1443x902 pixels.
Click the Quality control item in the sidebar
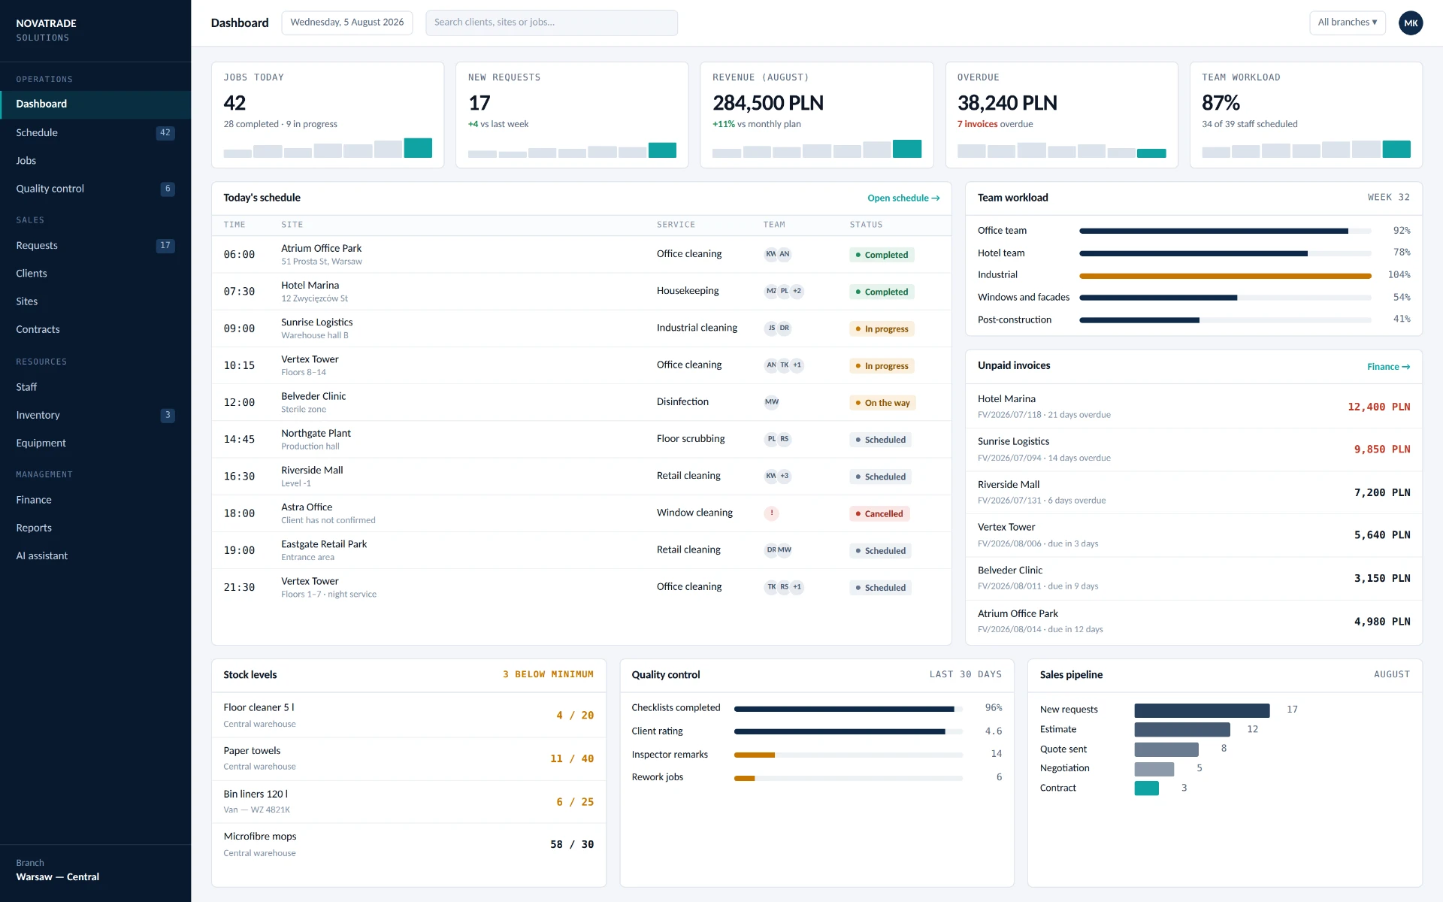pos(50,189)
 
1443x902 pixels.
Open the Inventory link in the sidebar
pos(38,415)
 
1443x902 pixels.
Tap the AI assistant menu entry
pos(41,555)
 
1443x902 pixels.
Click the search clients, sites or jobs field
pos(551,23)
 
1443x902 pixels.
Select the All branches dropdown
pos(1347,23)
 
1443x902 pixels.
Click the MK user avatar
pos(1411,23)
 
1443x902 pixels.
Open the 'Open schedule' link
pos(903,198)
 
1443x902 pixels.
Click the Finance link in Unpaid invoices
pos(1388,367)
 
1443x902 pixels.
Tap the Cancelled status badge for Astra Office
pos(879,514)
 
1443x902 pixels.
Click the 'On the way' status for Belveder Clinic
pos(882,403)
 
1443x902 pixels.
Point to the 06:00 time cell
pos(239,255)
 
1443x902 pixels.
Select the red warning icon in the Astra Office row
pos(771,513)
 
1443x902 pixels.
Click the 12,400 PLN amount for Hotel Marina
pos(1378,407)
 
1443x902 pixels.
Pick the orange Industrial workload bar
pos(1225,276)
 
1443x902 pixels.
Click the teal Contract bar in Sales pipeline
pos(1146,788)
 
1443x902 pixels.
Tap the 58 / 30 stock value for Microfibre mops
pos(571,844)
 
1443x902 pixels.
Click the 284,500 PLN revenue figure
pos(767,103)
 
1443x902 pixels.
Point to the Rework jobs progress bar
pos(848,778)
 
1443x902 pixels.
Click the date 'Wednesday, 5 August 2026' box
pos(347,23)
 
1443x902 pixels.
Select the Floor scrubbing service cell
pos(691,439)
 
